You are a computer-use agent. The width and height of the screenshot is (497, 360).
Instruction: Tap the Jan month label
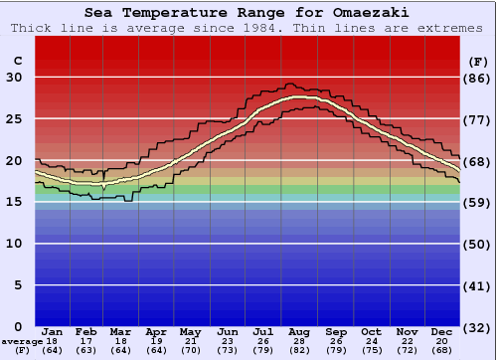(x=53, y=331)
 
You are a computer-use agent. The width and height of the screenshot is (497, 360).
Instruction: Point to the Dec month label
(x=443, y=331)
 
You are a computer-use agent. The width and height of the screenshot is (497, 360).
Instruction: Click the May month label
(x=189, y=331)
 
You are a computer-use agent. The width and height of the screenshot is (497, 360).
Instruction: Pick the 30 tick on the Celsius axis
(x=16, y=78)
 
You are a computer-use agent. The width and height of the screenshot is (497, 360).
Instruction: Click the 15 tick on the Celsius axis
(x=16, y=202)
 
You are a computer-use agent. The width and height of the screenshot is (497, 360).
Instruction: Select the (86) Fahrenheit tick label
(x=478, y=78)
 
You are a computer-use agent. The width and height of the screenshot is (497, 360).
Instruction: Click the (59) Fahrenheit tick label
(x=478, y=202)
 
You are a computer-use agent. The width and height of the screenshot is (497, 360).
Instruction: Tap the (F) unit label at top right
(x=477, y=62)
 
